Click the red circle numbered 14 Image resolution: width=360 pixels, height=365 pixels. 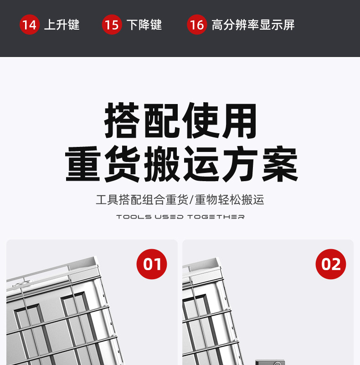[30, 25]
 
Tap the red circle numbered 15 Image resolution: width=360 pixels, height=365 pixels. [112, 25]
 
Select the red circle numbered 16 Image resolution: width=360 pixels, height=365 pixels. [197, 25]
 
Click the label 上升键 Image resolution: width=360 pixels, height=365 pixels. [62, 25]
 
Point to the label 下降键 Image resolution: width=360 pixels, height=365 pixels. [144, 25]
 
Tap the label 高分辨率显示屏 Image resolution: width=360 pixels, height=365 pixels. [253, 25]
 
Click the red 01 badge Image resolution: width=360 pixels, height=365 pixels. [152, 264]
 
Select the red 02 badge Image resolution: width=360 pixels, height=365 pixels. [331, 264]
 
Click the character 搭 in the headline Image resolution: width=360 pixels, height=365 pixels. [122, 120]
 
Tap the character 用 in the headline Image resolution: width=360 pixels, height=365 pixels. [239, 120]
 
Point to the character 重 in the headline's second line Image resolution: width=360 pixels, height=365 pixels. [83, 164]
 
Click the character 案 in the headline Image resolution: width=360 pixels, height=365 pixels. [280, 164]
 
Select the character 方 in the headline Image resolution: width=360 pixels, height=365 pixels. [241, 164]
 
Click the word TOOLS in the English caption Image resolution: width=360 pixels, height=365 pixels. [134, 217]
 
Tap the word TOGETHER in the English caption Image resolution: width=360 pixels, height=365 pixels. [216, 217]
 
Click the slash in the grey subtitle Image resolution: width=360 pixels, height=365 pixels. [191, 200]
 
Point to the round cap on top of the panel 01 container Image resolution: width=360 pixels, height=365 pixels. [21, 284]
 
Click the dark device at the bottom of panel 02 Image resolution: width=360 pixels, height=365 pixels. [270, 362]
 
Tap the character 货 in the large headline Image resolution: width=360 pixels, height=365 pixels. [123, 164]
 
